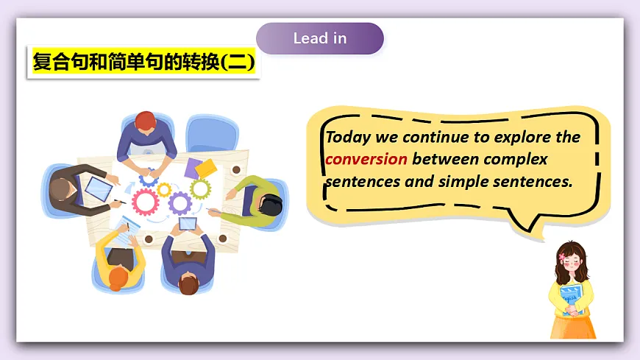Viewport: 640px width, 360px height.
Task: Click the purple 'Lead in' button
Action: [320, 38]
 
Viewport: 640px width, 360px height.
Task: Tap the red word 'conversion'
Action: [366, 159]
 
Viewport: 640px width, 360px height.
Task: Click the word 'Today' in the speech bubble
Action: [347, 138]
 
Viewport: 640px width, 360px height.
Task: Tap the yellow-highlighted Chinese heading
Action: [144, 63]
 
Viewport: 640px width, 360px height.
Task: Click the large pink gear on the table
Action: [146, 200]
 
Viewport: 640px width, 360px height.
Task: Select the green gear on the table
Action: [200, 188]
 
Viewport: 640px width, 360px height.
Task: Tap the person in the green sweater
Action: [254, 200]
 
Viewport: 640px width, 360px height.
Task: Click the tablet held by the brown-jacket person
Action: [99, 189]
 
